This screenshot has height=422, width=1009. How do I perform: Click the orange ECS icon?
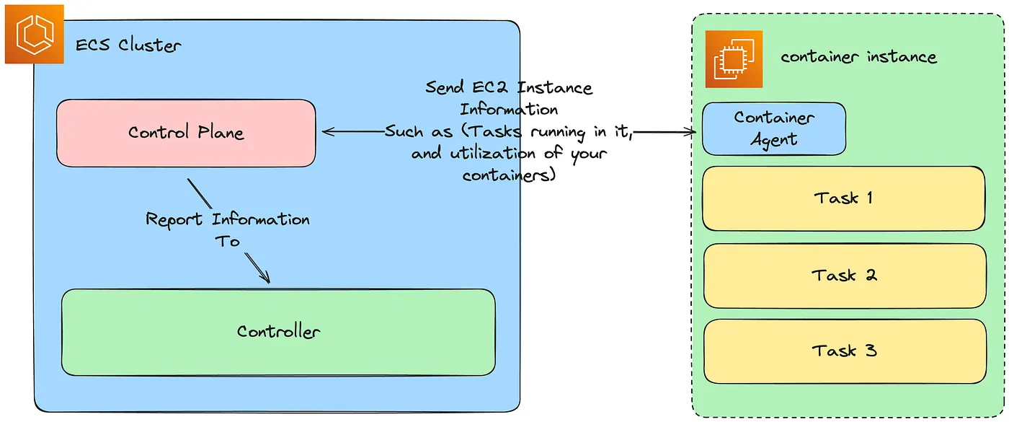tap(34, 34)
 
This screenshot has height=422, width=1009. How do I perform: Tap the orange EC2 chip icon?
tap(734, 59)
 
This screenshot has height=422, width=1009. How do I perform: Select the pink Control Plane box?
tap(186, 133)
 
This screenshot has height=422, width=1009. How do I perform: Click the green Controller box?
tap(278, 332)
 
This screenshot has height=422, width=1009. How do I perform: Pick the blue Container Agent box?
tap(774, 128)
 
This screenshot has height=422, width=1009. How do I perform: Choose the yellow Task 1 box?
tap(843, 198)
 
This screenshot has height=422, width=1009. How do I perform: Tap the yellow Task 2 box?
tap(843, 275)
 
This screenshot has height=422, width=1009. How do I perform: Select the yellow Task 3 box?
tap(843, 351)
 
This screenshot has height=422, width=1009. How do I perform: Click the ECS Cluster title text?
tap(128, 45)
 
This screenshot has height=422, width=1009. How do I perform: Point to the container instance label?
tap(858, 57)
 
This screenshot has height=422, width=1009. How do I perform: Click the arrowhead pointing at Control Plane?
tap(326, 131)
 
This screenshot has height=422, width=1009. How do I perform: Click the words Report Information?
tap(228, 219)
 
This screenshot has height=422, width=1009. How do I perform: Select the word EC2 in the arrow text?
tap(498, 89)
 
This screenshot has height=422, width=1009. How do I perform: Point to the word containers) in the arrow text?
tap(509, 175)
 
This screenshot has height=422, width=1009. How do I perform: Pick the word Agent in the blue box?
tap(774, 140)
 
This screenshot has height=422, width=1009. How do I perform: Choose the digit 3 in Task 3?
tap(871, 351)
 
